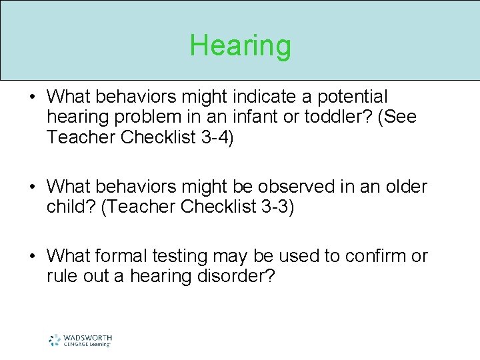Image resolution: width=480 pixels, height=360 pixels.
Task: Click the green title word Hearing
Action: pyautogui.click(x=240, y=46)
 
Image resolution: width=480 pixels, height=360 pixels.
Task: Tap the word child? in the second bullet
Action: pyautogui.click(x=71, y=207)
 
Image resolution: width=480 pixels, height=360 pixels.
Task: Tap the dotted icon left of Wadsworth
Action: pyautogui.click(x=55, y=340)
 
